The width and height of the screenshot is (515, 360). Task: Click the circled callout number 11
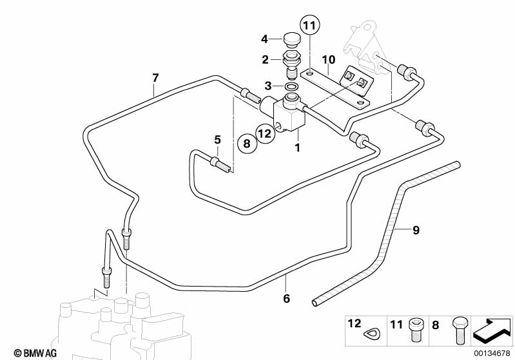pyautogui.click(x=310, y=26)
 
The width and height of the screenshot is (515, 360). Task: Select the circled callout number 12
pyautogui.click(x=265, y=133)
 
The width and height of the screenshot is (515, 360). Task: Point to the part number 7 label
pyautogui.click(x=155, y=78)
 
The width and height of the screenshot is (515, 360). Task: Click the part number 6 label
pyautogui.click(x=287, y=299)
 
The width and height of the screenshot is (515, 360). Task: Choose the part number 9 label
pyautogui.click(x=416, y=229)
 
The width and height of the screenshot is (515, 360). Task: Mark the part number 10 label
pyautogui.click(x=329, y=60)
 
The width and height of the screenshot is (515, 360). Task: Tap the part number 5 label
pyautogui.click(x=218, y=139)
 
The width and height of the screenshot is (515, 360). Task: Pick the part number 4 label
pyautogui.click(x=264, y=39)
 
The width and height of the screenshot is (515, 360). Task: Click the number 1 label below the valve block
pyautogui.click(x=298, y=148)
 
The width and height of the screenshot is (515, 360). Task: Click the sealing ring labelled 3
pyautogui.click(x=292, y=86)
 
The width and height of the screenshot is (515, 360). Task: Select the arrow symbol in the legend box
pyautogui.click(x=493, y=331)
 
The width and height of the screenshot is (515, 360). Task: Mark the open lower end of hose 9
pyautogui.click(x=315, y=301)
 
